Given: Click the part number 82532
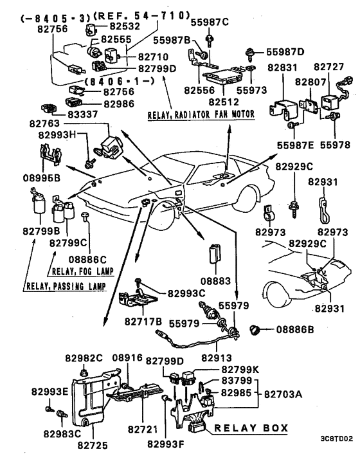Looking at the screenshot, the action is click(125, 26).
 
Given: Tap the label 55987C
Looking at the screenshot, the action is click(210, 22).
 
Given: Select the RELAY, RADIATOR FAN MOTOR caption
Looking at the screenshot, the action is click(201, 114).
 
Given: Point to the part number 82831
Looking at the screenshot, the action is click(282, 68).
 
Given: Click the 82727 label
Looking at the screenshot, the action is click(329, 67).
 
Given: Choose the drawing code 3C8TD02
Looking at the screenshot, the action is click(336, 439).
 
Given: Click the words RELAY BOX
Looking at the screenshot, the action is click(251, 428).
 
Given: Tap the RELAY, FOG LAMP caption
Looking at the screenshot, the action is click(82, 271).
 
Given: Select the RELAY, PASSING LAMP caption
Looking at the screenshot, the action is click(66, 286).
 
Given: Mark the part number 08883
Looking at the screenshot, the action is click(215, 281).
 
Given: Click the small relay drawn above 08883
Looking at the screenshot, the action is click(215, 254).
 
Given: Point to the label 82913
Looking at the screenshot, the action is click(217, 358).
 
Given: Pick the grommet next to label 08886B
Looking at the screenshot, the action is click(254, 330).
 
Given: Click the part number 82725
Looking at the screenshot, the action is click(93, 445).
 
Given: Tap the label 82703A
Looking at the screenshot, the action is click(283, 394).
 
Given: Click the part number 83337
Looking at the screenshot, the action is click(83, 114).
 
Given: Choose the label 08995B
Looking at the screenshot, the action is click(42, 177).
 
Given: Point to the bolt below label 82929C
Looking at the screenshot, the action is click(294, 209).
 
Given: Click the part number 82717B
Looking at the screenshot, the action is click(143, 322).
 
